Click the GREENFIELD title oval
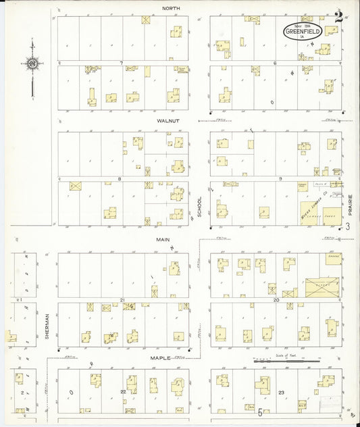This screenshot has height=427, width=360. (x=299, y=31)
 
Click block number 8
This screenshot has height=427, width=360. (x=120, y=179)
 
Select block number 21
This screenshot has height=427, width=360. (x=123, y=299)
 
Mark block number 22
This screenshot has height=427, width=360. (x=123, y=391)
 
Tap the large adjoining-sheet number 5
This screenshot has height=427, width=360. (x=260, y=411)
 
